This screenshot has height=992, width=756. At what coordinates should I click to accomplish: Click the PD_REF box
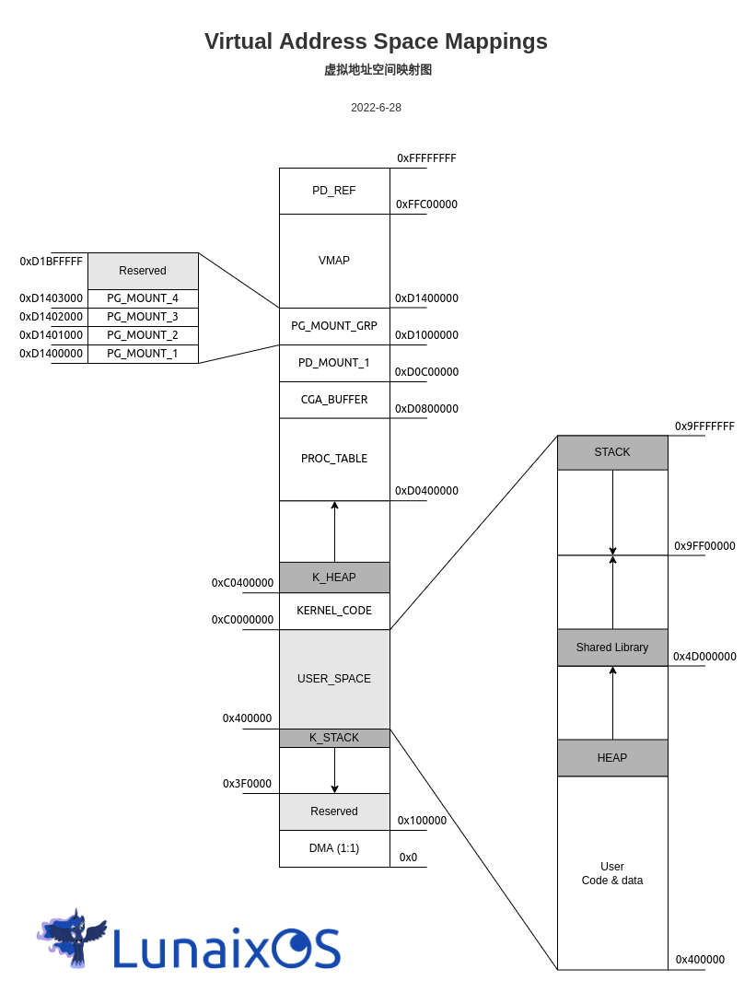click(x=334, y=191)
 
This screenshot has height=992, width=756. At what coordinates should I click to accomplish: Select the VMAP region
click(x=334, y=261)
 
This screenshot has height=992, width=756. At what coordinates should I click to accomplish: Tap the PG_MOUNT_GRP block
click(x=334, y=326)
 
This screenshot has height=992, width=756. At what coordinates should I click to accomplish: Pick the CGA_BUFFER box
click(x=334, y=400)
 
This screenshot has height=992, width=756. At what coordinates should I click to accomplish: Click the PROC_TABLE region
click(x=334, y=459)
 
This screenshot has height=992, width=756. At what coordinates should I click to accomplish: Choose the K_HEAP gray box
click(x=334, y=578)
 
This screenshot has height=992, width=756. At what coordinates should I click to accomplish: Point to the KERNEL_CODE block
click(x=334, y=611)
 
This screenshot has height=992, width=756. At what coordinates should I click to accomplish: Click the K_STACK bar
click(x=334, y=738)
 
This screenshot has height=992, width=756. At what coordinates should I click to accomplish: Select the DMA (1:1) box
click(x=334, y=848)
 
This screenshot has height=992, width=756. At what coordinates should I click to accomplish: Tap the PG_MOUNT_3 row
click(x=143, y=317)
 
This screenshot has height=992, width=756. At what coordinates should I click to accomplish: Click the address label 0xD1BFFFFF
click(x=52, y=262)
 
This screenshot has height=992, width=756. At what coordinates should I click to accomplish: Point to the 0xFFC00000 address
click(x=426, y=204)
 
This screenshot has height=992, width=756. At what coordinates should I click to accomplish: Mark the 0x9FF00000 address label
click(x=704, y=546)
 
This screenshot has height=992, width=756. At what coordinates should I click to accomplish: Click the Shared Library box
click(x=612, y=648)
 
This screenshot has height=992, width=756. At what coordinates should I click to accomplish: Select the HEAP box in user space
click(x=612, y=758)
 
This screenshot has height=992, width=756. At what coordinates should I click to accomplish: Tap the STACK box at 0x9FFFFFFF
click(x=612, y=452)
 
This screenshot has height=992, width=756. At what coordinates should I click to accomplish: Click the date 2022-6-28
click(x=376, y=108)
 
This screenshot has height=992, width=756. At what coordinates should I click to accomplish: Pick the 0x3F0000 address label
click(x=247, y=784)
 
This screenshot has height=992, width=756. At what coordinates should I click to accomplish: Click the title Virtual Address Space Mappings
click(x=376, y=41)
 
